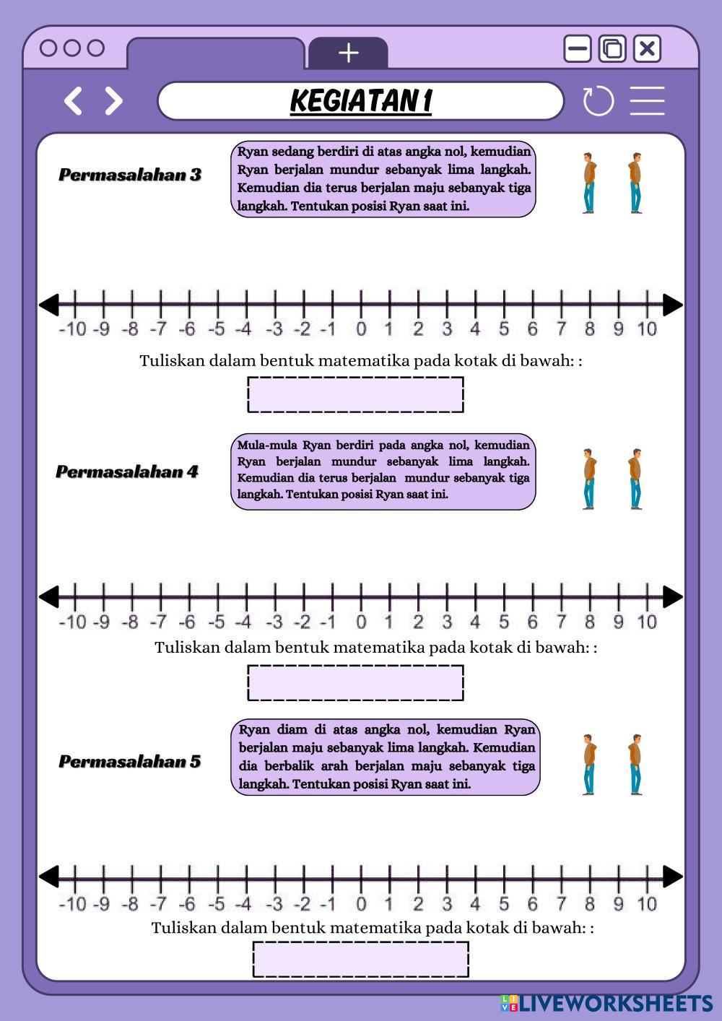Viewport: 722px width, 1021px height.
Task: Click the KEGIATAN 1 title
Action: (x=360, y=100)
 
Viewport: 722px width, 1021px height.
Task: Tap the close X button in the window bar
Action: (x=647, y=49)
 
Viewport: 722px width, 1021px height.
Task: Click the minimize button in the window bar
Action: (x=578, y=49)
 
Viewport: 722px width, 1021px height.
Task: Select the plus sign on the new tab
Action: (x=348, y=53)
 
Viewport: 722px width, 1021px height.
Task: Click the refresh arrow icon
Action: (x=598, y=101)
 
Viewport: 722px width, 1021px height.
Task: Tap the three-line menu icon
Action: (x=647, y=101)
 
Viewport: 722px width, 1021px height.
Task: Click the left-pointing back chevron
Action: (x=73, y=101)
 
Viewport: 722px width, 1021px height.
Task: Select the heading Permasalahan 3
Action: (x=130, y=175)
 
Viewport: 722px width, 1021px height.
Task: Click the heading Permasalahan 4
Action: (x=127, y=472)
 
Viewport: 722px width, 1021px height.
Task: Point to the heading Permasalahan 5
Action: (x=130, y=761)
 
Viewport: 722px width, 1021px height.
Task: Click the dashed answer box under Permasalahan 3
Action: (x=355, y=394)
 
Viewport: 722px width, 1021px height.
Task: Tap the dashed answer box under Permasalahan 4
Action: (x=355, y=682)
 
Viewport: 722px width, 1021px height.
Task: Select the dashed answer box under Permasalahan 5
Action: (x=360, y=959)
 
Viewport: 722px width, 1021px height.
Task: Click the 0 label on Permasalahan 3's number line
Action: (x=361, y=329)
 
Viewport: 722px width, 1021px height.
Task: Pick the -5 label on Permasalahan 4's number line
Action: (x=216, y=622)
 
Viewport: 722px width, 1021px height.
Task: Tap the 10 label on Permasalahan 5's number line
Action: (x=647, y=903)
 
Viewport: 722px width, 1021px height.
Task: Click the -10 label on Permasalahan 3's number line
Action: (x=72, y=329)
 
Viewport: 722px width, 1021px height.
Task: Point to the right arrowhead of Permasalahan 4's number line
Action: (x=672, y=596)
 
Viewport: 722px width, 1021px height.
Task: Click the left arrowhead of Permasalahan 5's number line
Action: (x=49, y=877)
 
